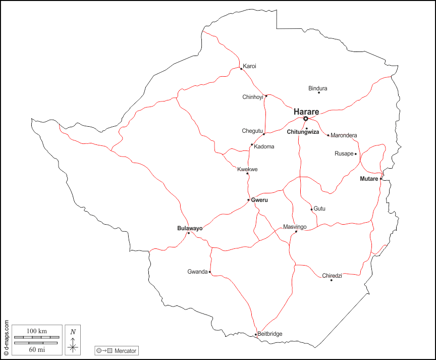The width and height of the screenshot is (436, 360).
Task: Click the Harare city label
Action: click(306, 112)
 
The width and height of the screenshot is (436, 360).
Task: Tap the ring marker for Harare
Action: click(306, 119)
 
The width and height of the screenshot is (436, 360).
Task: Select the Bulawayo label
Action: click(190, 228)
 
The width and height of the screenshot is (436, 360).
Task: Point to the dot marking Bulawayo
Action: click(189, 233)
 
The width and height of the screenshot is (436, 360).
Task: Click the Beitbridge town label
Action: click(270, 334)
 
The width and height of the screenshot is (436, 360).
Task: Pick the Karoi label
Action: click(250, 66)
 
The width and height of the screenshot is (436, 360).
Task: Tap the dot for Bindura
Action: click(319, 92)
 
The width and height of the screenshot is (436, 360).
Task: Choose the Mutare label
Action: click(369, 179)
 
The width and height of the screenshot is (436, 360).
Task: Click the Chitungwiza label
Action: click(303, 132)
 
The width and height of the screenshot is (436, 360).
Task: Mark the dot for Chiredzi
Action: click(332, 280)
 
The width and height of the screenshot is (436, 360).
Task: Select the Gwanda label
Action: click(197, 272)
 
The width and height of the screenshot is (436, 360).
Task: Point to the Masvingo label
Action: click(295, 227)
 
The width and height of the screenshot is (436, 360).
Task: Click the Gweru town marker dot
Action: click(248, 200)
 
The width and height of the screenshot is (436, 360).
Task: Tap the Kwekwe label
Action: click(247, 169)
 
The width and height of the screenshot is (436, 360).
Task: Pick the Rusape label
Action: click(344, 153)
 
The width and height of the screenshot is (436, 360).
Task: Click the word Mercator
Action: click(125, 350)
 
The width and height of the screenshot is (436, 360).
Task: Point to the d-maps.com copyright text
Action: click(6, 338)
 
